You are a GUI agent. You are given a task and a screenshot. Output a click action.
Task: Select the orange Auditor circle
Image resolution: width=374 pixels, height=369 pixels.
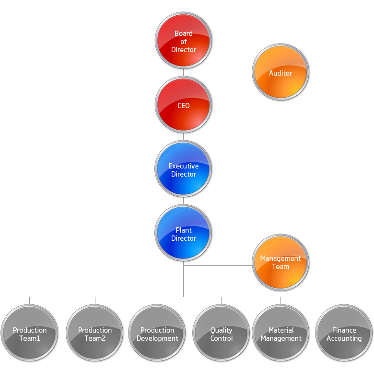280,72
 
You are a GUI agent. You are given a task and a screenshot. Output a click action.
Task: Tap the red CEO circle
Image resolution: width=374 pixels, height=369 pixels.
184,105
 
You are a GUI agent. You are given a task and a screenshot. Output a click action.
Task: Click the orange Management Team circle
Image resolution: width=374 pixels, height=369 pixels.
280,262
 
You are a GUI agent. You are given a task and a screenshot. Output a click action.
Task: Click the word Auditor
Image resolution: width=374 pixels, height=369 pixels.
280,73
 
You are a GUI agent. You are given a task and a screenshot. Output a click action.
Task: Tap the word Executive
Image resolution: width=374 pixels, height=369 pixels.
184,166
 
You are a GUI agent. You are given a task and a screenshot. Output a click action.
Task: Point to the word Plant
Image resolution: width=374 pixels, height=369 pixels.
184,230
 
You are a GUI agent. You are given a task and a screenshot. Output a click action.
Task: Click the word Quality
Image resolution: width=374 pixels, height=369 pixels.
221,330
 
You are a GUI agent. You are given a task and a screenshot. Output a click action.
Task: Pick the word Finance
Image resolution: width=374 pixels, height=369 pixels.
344,330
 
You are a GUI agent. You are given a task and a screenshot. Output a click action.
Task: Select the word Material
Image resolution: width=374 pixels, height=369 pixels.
281,330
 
